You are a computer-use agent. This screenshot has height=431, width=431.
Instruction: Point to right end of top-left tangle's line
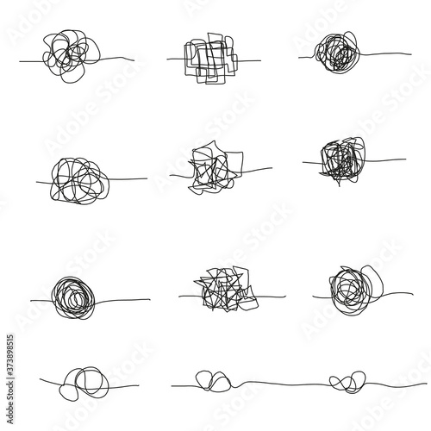pos(135,60)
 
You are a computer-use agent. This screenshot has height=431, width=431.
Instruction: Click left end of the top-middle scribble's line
pos(167,61)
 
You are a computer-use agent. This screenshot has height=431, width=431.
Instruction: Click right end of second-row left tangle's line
pos(147,179)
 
